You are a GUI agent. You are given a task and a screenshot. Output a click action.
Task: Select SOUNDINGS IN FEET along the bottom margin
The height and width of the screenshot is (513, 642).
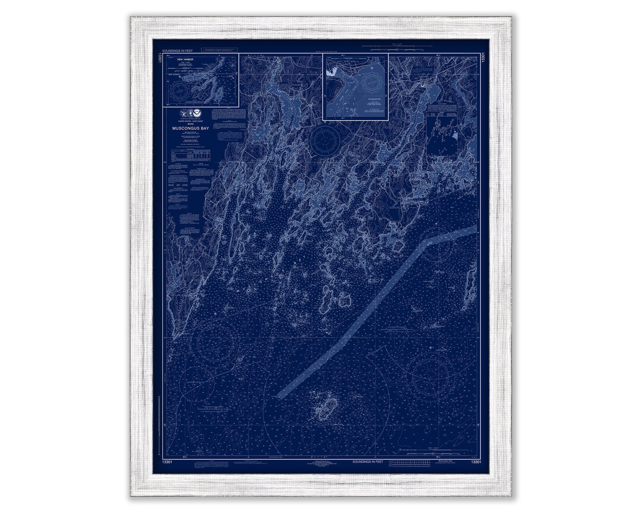point(369,461)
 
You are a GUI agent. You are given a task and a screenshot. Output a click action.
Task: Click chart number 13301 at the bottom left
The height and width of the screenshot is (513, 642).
point(168,461)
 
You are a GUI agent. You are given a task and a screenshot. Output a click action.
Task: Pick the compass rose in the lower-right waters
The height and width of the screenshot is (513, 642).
point(430,375)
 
